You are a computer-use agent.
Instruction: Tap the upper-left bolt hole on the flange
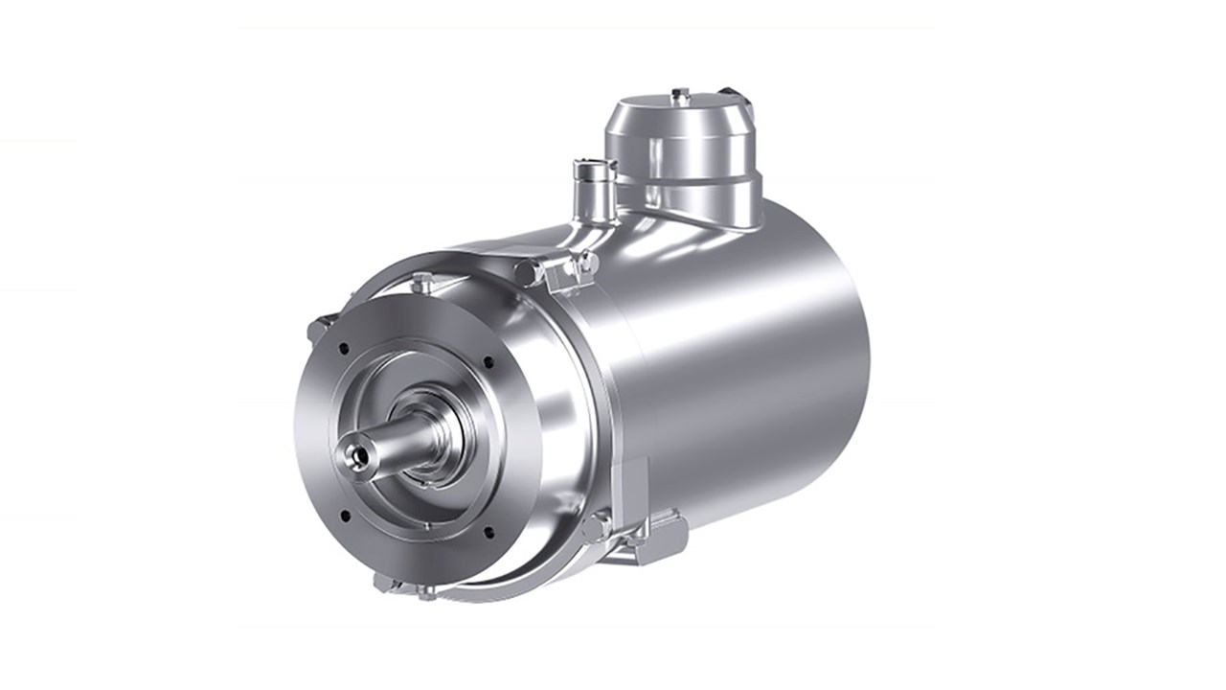(342, 349)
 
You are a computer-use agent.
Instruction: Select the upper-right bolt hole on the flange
(489, 362)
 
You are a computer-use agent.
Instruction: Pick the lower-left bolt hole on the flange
(345, 516)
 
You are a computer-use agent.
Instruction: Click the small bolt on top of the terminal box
(680, 94)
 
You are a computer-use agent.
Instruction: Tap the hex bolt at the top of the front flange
(420, 282)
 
